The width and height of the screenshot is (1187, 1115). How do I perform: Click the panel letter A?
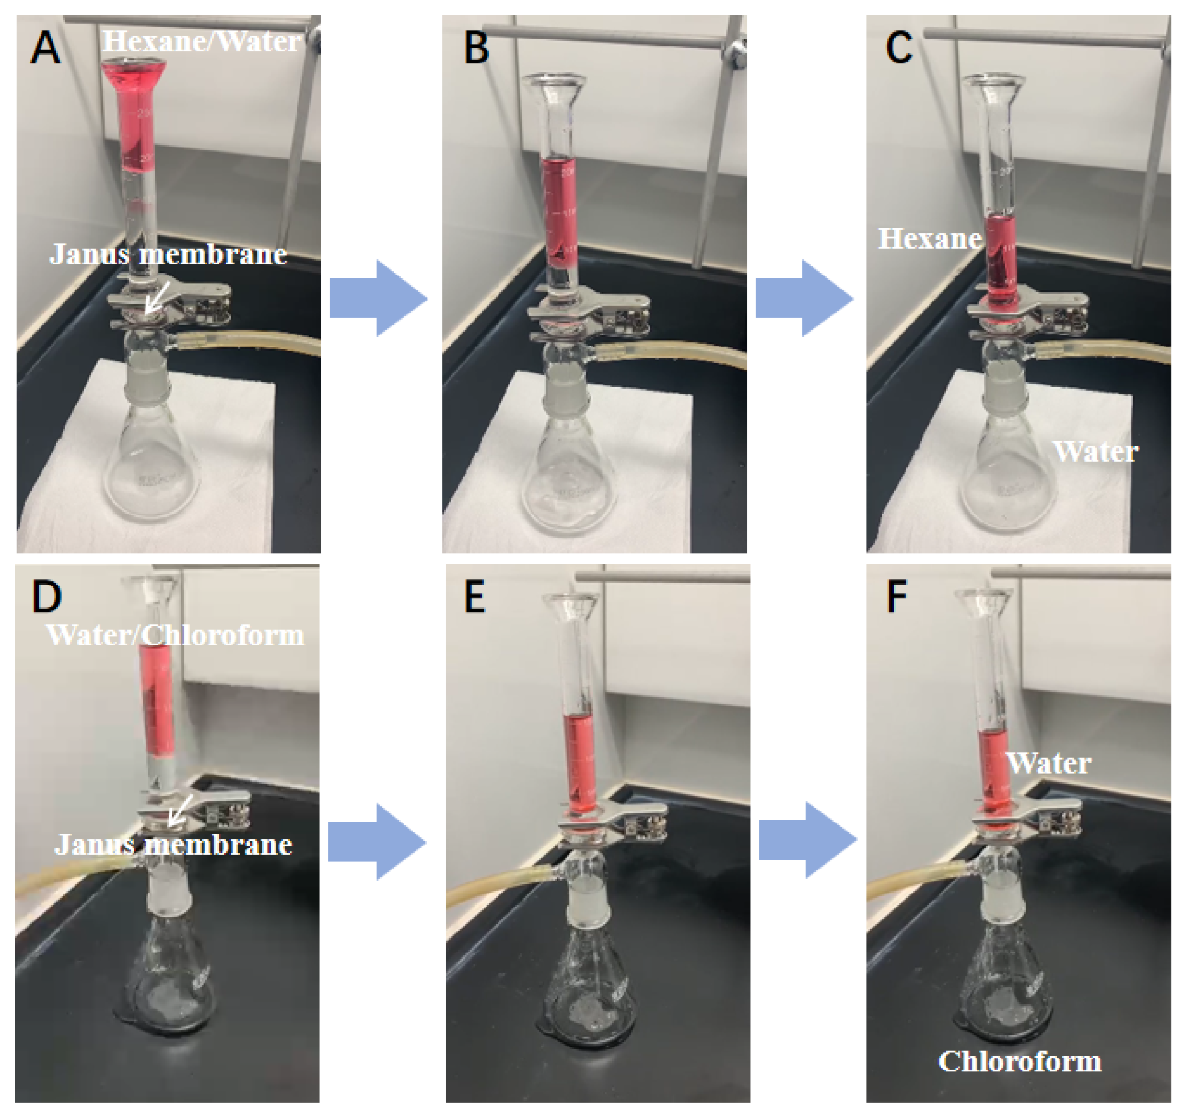tap(45, 47)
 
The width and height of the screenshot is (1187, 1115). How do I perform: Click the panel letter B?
tap(477, 47)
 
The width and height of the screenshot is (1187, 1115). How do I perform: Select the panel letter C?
tap(899, 47)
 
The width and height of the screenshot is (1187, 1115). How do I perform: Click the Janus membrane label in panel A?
tap(168, 254)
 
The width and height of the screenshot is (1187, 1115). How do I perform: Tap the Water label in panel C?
tap(1095, 452)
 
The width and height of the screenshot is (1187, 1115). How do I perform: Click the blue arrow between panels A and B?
tap(379, 298)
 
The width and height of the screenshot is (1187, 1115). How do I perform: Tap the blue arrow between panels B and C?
tap(804, 298)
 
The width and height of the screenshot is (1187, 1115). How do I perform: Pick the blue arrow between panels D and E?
tap(377, 842)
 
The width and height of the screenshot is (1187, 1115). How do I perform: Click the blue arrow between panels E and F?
tap(808, 840)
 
